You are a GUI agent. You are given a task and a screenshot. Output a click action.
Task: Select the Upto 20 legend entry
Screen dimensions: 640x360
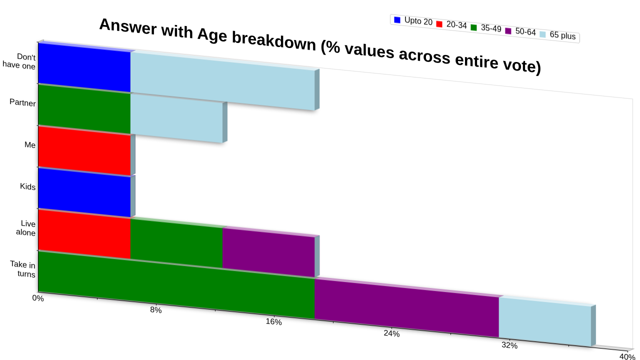click(x=413, y=21)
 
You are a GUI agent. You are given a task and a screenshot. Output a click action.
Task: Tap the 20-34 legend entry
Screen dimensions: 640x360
click(x=451, y=24)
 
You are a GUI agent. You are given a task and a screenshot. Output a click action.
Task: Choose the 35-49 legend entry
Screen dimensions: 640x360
click(x=486, y=28)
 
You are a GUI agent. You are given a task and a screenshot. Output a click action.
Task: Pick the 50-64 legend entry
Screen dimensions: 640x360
click(x=520, y=31)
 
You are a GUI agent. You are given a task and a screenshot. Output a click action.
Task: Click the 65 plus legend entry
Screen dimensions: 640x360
click(x=557, y=35)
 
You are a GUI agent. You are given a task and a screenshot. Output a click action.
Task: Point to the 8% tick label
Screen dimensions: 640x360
click(x=156, y=309)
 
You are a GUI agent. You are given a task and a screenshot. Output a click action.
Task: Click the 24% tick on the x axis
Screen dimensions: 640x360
click(x=391, y=333)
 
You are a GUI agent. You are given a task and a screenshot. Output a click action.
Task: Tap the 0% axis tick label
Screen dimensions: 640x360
click(x=38, y=298)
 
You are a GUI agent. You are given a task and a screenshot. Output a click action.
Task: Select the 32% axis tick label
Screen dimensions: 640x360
click(x=509, y=345)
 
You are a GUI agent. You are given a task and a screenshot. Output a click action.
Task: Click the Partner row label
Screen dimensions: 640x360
click(x=22, y=102)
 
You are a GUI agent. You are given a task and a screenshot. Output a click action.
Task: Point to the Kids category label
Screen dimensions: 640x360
click(x=27, y=186)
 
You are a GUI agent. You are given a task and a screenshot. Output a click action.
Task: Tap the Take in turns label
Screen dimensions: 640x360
click(x=23, y=269)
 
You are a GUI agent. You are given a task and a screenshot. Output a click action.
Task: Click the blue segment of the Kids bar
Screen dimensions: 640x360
click(x=84, y=192)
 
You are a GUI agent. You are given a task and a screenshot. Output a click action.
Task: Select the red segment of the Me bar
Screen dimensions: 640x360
click(x=84, y=150)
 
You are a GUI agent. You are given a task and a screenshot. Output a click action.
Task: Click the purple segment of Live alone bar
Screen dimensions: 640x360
click(x=268, y=252)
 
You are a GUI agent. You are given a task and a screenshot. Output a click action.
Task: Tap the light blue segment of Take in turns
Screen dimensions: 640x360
click(x=545, y=321)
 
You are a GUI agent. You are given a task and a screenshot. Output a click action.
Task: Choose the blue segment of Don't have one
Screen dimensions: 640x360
click(x=84, y=67)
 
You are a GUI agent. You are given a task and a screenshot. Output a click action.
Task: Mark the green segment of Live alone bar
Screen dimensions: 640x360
click(x=176, y=243)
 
